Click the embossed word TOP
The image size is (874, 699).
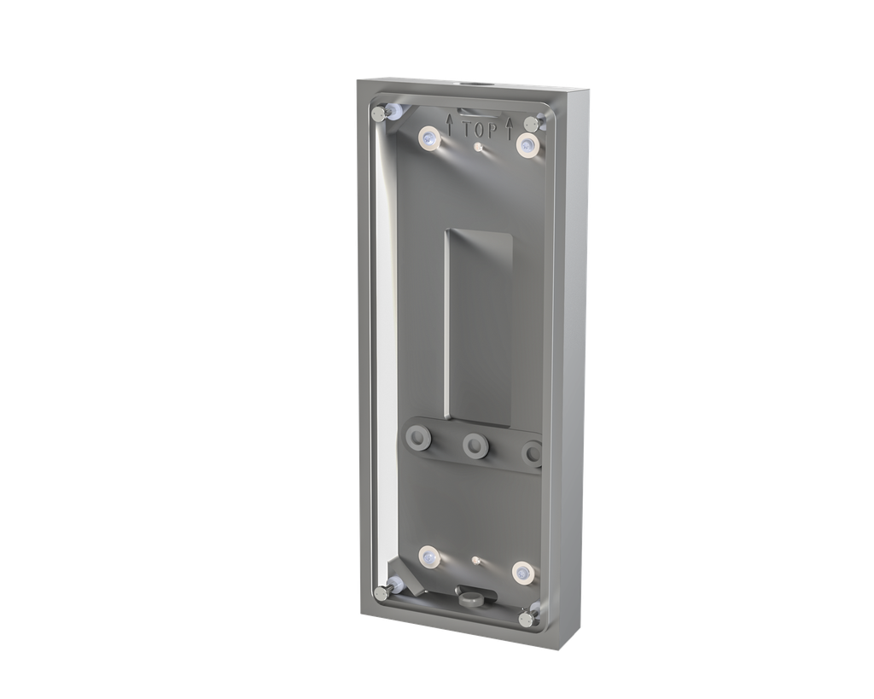pyautogui.click(x=480, y=130)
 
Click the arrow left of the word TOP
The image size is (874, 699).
pyautogui.click(x=450, y=124)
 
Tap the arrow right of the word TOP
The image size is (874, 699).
pyautogui.click(x=510, y=127)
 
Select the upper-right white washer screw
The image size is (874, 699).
pyautogui.click(x=528, y=145)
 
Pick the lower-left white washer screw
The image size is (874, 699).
pyautogui.click(x=428, y=558)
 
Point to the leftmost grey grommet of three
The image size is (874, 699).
pyautogui.click(x=418, y=439)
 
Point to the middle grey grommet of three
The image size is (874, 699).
pyautogui.click(x=474, y=446)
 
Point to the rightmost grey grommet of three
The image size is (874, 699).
pyautogui.click(x=533, y=452)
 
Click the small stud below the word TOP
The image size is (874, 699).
pyautogui.click(x=480, y=147)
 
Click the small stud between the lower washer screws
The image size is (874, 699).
pyautogui.click(x=475, y=562)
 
